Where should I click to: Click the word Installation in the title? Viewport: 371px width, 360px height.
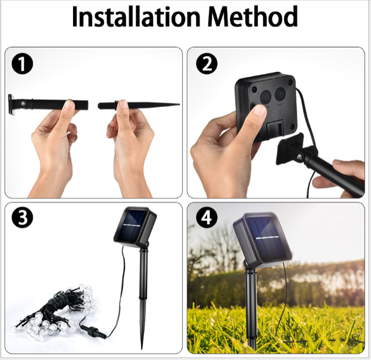coord(136,17)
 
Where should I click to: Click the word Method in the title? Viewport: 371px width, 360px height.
coord(252,17)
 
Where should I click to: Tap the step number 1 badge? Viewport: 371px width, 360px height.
coord(22,64)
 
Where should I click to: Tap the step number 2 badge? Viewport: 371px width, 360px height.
coord(206,64)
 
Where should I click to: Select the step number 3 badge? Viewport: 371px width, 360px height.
coord(22,218)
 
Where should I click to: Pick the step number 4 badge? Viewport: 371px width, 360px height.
coord(206,218)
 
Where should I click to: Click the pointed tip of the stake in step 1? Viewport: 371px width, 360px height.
coord(179,104)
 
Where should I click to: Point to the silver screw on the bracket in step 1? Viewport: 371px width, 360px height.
coord(23,103)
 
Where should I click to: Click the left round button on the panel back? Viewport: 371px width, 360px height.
coord(266,96)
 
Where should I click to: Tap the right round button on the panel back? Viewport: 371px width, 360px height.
coord(281,94)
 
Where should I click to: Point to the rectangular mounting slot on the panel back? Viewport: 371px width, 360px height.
coord(275,128)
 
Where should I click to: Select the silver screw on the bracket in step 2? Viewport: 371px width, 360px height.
coord(299,157)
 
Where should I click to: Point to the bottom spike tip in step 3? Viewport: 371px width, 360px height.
coord(142,348)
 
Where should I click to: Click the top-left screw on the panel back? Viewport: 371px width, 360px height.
coord(254,90)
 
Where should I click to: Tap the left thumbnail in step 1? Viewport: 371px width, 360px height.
coord(69,104)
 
